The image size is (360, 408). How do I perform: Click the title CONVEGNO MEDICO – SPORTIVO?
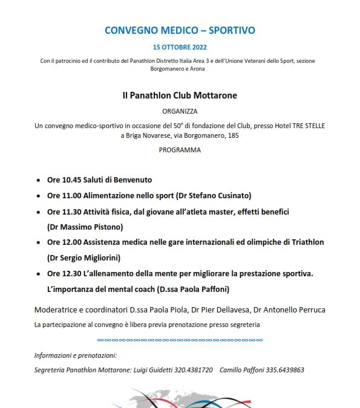coord(180,30)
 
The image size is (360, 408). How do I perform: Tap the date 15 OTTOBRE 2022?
coord(180,47)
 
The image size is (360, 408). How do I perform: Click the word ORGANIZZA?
coord(180,111)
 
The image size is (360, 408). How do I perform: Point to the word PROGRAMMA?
coord(180,150)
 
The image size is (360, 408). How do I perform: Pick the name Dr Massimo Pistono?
coord(84,227)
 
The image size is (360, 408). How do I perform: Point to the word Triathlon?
coord(302,242)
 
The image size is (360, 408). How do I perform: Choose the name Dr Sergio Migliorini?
coord(84,257)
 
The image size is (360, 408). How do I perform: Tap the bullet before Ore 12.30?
coord(38,274)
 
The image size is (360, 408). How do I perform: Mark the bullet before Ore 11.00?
coord(38,196)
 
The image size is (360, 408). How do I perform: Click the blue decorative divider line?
coord(180,339)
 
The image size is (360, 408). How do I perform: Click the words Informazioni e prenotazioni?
coord(76,355)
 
